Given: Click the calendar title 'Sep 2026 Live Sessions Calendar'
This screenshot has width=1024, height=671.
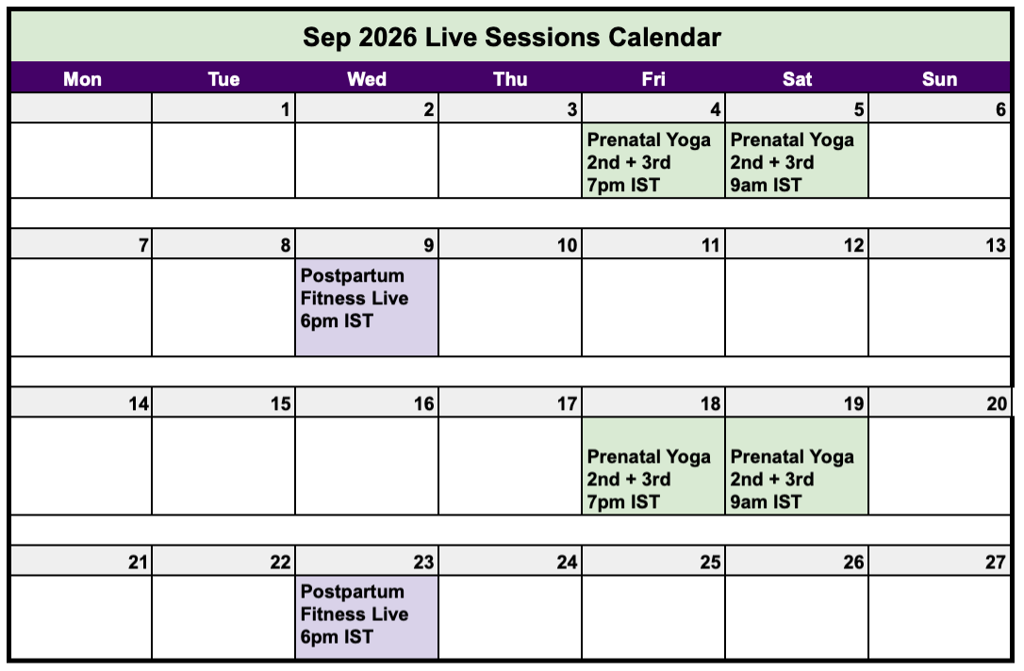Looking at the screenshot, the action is (511, 37).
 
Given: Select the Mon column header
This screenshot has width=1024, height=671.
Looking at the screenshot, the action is (82, 79).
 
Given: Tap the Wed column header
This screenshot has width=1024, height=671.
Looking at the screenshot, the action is (367, 79).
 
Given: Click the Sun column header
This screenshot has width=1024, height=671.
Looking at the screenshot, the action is (939, 79).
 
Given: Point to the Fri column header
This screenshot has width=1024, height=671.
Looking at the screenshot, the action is (653, 79).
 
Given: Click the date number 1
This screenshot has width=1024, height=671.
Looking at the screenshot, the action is (285, 109).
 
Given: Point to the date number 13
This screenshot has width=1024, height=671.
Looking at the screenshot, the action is (996, 245).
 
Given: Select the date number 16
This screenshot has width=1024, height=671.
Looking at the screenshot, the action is (423, 403).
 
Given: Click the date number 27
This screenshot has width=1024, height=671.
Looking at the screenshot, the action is (996, 562).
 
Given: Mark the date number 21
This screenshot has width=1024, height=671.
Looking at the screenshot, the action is (137, 562).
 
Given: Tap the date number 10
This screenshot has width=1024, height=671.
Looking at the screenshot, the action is (567, 245).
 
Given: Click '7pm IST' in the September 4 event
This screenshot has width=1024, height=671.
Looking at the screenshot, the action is (623, 185).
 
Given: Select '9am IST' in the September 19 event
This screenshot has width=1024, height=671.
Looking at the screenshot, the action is (766, 501).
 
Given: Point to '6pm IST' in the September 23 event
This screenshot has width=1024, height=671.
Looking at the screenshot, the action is (337, 636).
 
